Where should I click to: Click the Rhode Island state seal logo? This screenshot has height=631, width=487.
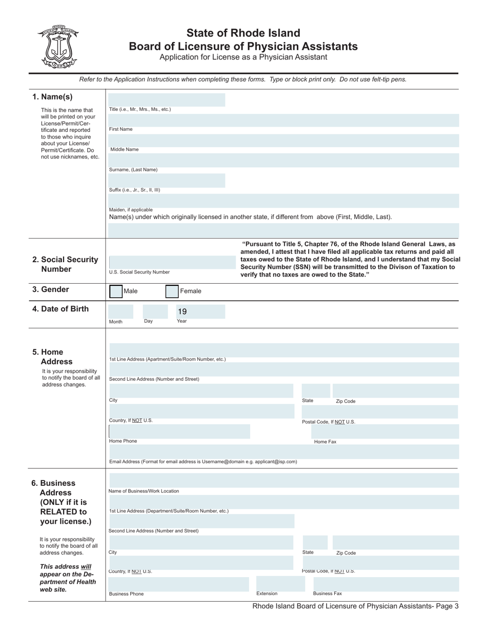point(57,47)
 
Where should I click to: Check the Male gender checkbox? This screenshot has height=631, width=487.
point(116,291)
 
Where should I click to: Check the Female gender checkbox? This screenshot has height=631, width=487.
point(172,291)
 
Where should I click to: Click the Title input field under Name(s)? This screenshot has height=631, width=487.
point(167,100)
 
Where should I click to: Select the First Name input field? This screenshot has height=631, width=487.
point(283,120)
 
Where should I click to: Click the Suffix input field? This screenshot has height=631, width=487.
point(167,180)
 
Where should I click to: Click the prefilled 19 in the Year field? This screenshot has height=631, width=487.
point(182,311)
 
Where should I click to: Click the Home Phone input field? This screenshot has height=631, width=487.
point(179,431)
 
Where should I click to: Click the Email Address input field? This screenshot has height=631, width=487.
point(283,451)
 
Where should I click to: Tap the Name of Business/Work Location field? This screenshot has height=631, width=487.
point(283,481)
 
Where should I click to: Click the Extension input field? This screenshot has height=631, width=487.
point(277,583)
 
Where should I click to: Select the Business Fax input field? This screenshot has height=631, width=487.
point(382,583)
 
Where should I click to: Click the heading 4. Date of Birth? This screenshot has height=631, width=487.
point(60,309)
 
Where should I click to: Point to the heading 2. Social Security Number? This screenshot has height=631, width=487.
point(65,264)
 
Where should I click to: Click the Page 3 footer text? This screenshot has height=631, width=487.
point(355,606)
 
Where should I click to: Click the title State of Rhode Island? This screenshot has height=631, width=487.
point(243,33)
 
